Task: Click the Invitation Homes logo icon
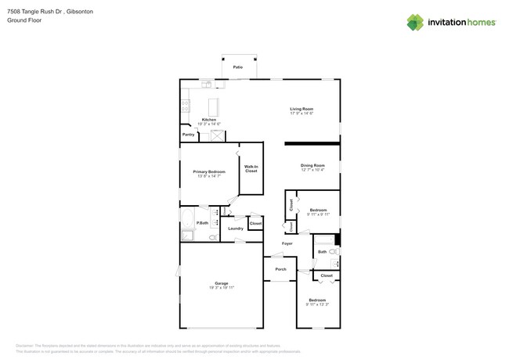tap(415, 22)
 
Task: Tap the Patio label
tap(237, 67)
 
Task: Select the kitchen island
tap(213, 107)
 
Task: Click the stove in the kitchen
tap(186, 106)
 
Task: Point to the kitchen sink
tap(207, 83)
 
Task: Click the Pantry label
tap(188, 135)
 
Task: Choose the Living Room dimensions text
tap(301, 113)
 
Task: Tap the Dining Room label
tap(312, 165)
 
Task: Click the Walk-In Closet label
tap(251, 168)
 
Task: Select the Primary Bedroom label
tap(209, 171)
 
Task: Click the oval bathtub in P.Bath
tap(188, 217)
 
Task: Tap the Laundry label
tap(236, 229)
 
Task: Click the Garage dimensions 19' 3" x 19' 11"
tap(221, 287)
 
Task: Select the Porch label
tap(280, 270)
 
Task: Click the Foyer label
tap(287, 243)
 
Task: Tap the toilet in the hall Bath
tap(333, 251)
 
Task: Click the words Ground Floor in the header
tap(23, 20)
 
